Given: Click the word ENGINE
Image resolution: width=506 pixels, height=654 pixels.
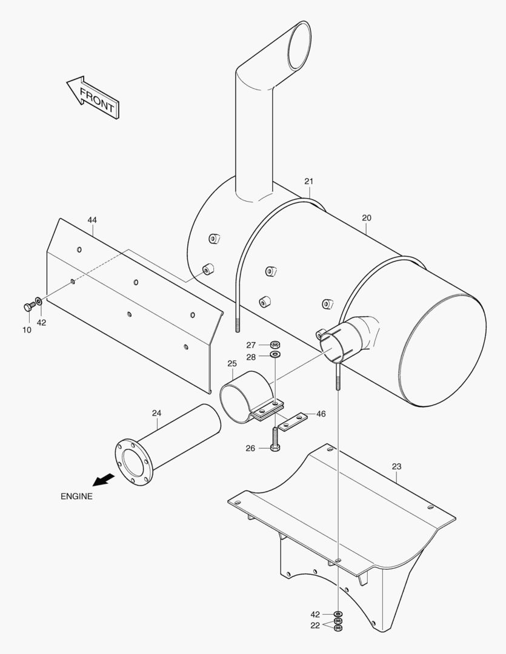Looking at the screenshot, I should point(76,496).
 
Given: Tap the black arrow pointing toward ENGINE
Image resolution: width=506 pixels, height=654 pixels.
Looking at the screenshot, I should point(103,479).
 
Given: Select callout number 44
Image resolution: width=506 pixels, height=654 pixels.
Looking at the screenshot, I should point(92,220).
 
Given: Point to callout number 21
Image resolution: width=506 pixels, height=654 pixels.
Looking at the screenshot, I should point(309,181).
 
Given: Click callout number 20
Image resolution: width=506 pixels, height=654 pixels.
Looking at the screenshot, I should point(367,217).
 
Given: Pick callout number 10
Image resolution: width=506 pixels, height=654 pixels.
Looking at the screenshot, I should point(27,329).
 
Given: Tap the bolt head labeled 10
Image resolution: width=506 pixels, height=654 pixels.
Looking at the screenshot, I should point(28,308).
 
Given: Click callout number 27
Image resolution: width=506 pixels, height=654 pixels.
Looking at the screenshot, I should point(251,345).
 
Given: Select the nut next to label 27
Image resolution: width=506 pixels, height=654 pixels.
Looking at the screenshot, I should point(275,344).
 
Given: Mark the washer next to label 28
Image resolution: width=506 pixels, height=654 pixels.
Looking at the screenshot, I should point(275,354).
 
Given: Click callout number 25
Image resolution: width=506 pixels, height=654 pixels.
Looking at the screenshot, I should point(232,363).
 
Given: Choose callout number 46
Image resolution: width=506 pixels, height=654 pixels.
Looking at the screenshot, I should point(321,414).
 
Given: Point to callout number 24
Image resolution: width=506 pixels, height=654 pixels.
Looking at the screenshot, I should point(156,413).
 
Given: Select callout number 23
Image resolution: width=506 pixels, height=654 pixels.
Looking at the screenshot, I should point(396,466).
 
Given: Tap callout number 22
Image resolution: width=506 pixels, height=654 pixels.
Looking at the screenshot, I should point(315,626).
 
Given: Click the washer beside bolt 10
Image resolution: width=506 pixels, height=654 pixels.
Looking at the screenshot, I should point(39,301).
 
